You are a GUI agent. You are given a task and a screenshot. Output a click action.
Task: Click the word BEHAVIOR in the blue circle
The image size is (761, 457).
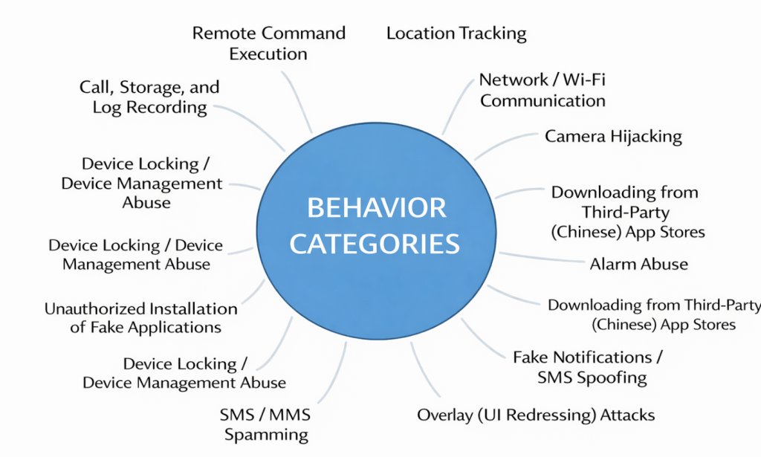click(x=377, y=208)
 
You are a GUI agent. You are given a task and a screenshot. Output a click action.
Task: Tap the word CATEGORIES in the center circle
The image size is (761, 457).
click(x=375, y=244)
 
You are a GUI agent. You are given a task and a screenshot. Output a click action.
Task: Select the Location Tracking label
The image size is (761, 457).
click(x=456, y=33)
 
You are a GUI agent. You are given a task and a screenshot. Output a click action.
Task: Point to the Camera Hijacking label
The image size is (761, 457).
click(x=613, y=136)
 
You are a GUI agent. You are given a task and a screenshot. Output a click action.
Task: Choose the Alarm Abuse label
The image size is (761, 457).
click(x=638, y=264)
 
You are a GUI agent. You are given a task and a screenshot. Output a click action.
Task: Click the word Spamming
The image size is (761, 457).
click(x=266, y=435)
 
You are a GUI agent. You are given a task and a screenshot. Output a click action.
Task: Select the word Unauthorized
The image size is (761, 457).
click(x=94, y=308)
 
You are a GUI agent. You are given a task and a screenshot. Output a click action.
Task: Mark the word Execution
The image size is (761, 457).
click(x=268, y=54)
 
